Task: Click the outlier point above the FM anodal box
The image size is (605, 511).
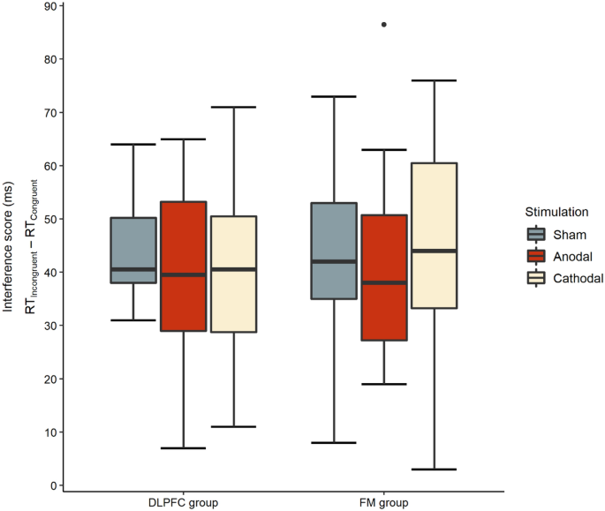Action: click(x=383, y=25)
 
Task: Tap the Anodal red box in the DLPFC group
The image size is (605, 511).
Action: click(x=184, y=266)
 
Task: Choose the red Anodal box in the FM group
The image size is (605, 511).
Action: click(x=383, y=277)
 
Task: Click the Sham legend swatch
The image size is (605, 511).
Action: click(x=536, y=234)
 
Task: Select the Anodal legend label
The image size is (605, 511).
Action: click(x=573, y=256)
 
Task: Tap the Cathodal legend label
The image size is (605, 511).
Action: click(x=579, y=278)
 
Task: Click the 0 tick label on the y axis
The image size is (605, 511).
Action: click(x=54, y=485)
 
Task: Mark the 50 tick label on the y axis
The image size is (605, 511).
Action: click(x=50, y=219)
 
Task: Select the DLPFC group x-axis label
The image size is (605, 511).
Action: click(x=184, y=502)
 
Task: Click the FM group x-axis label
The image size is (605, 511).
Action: click(x=383, y=502)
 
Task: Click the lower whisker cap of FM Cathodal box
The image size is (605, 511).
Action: click(x=434, y=470)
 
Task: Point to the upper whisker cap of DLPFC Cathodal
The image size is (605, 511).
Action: click(x=234, y=107)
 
